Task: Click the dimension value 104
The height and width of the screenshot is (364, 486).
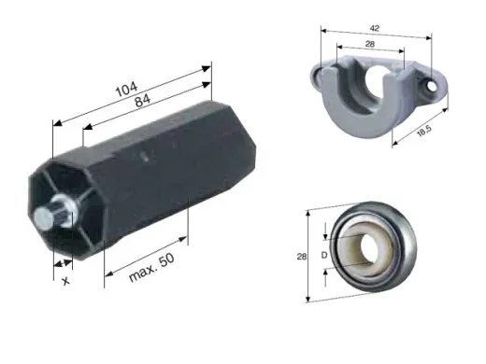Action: coord(126,90)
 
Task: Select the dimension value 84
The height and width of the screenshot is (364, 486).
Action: coord(143,101)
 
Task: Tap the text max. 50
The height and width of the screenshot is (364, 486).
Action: coord(151,268)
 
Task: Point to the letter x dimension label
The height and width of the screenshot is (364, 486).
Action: coord(65,281)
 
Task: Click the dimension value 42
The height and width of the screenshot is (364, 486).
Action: coord(375,28)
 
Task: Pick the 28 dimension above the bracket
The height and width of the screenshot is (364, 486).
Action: coord(370,44)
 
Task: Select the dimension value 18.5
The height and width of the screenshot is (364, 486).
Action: coord(424,131)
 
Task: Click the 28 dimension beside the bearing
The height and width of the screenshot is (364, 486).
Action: coord(302,257)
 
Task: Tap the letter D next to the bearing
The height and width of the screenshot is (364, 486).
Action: coord(324,255)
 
